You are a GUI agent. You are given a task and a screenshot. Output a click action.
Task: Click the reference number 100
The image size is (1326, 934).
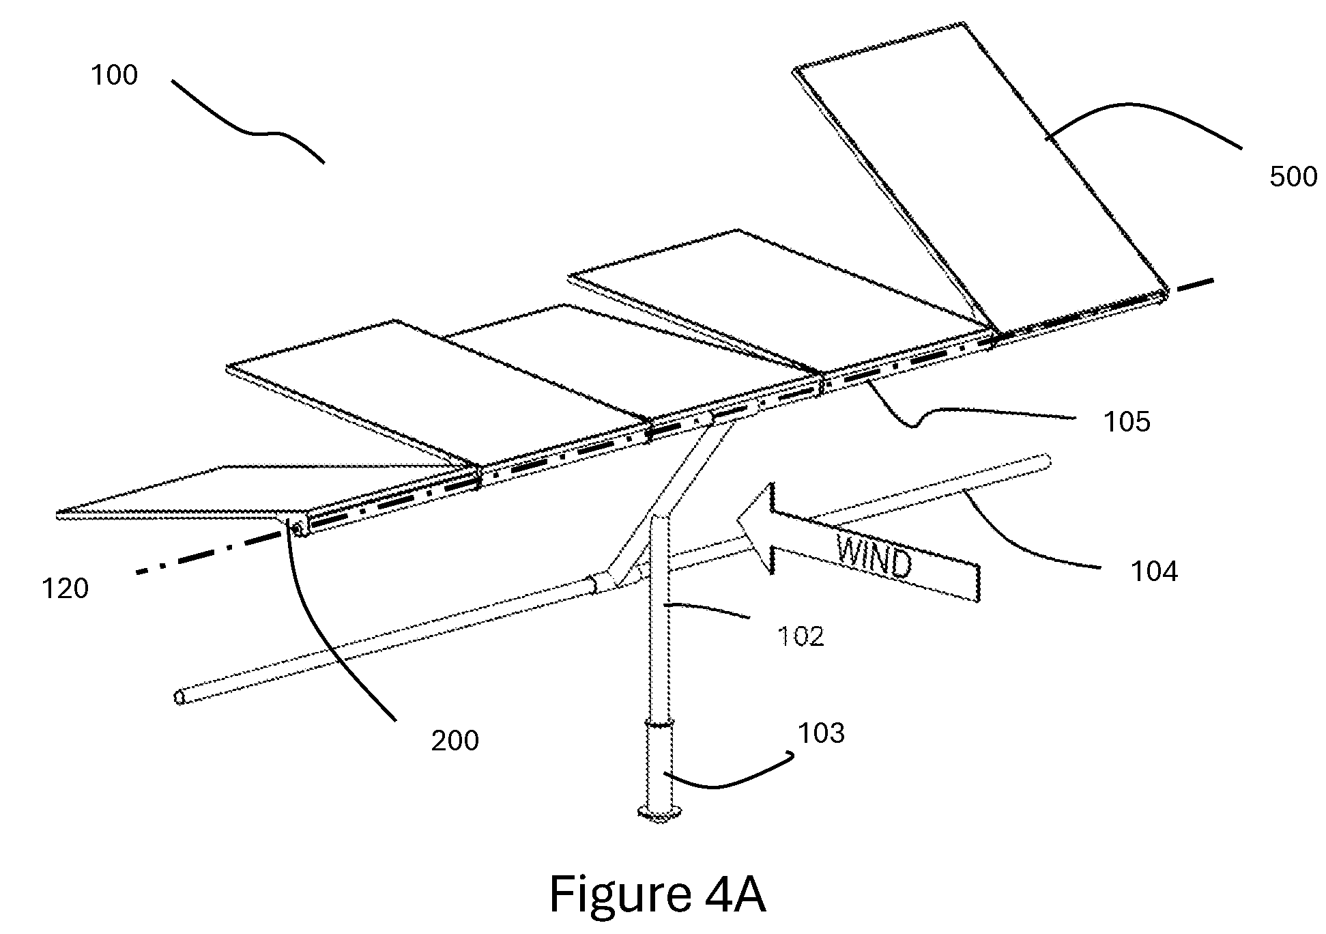(x=115, y=75)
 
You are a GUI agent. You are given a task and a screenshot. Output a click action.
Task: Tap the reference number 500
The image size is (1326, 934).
(x=1293, y=177)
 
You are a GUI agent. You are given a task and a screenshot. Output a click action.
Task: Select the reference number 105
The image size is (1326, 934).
(x=1127, y=422)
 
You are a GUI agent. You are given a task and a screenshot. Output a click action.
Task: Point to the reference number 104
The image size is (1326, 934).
(x=1155, y=571)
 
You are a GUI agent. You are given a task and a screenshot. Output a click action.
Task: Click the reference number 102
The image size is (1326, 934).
(x=801, y=636)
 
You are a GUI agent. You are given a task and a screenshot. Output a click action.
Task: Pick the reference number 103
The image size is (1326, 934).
(x=822, y=733)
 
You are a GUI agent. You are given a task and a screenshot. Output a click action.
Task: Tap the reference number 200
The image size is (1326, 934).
(x=455, y=741)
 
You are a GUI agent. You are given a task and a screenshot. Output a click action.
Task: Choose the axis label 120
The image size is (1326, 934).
(x=66, y=589)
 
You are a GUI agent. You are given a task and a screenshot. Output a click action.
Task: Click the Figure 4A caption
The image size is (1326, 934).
(x=657, y=895)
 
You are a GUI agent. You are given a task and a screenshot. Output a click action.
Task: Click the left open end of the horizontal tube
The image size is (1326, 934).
(x=180, y=697)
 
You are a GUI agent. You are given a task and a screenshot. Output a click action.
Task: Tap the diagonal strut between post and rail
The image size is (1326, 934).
(x=672, y=502)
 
